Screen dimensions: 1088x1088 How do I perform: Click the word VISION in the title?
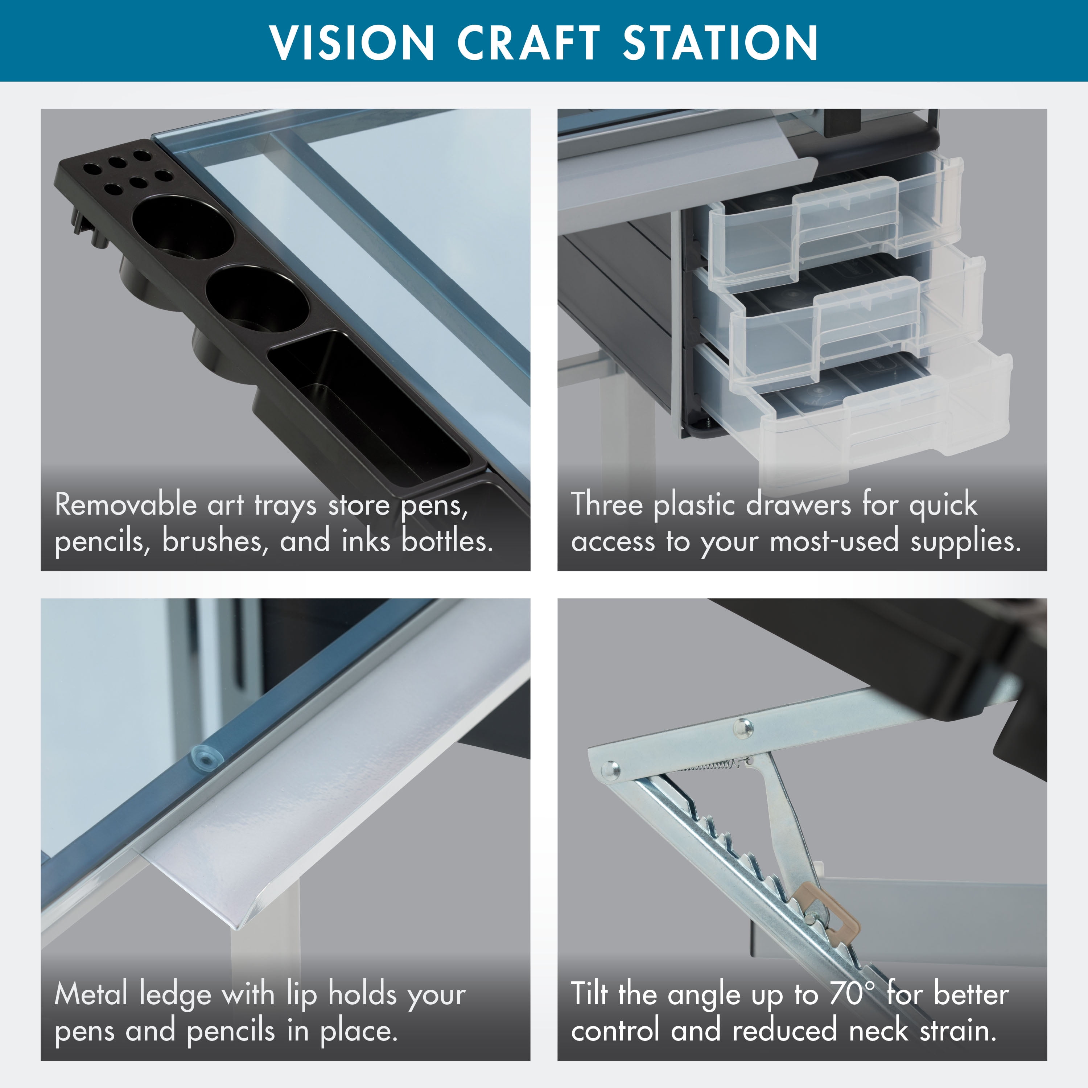[352, 43]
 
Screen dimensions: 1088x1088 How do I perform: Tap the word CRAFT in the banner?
[528, 43]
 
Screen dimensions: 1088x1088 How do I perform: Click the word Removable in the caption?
[125, 504]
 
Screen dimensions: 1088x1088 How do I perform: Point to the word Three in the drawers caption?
[606, 504]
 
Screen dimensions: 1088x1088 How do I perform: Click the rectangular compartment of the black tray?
[369, 408]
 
